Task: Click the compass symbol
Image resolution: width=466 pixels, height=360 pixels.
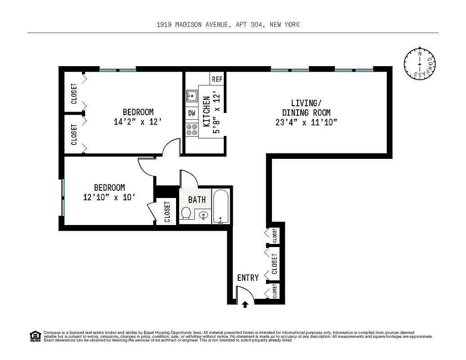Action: pos(420,64)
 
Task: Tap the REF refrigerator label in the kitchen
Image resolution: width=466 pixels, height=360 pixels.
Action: pos(217,79)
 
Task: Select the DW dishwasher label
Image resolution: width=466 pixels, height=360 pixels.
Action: pos(192,113)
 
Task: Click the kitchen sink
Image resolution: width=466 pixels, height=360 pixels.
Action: pos(192,96)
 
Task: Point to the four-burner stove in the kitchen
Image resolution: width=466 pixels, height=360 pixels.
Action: pos(192,130)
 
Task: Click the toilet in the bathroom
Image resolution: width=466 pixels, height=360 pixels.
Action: pos(186,213)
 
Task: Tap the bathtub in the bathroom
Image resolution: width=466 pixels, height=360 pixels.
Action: pos(221,207)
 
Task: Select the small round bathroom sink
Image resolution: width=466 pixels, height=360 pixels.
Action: pos(204,216)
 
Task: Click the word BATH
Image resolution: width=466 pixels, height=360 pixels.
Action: pos(197,199)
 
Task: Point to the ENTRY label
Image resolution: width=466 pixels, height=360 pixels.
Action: pos(248,278)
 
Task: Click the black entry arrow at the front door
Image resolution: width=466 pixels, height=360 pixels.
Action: pos(245,305)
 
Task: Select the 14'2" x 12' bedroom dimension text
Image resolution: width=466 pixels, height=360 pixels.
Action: pos(138,121)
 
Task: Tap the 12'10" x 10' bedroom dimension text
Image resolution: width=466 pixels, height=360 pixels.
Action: pos(109,197)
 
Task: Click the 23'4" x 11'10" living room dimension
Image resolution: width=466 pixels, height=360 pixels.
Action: pos(306,122)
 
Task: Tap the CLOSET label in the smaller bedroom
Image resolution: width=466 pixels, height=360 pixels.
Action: pos(167,212)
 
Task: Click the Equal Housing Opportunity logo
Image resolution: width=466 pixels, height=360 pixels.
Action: pos(35,336)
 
